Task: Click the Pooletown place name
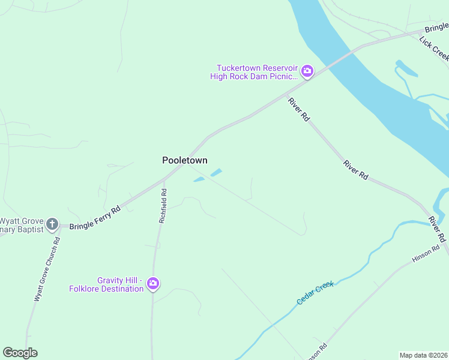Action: (x=185, y=160)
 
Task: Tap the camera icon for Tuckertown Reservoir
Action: (x=307, y=71)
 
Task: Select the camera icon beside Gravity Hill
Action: (x=153, y=283)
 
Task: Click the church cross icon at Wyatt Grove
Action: (x=52, y=224)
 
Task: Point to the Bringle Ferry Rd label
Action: (x=95, y=218)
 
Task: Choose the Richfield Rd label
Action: (x=163, y=206)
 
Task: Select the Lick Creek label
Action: (x=434, y=48)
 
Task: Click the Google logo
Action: (x=20, y=353)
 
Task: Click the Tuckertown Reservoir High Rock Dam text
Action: (x=254, y=72)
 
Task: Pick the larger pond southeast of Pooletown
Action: (x=215, y=173)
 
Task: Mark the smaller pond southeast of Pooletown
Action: (x=198, y=179)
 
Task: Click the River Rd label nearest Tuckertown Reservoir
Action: (x=298, y=110)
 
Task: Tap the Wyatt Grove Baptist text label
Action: (x=20, y=225)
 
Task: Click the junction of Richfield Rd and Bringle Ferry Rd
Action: (x=164, y=179)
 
